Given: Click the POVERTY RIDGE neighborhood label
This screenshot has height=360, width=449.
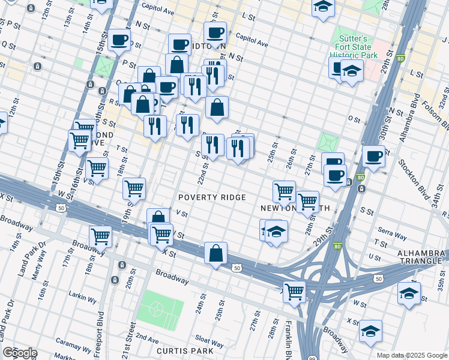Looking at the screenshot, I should coord(212,198).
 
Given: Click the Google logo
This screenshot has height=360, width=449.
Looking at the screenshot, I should coord(20,353).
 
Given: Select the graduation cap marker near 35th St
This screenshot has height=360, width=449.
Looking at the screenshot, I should coord(409,293).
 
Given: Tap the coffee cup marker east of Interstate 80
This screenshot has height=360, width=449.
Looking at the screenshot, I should coord(373,157).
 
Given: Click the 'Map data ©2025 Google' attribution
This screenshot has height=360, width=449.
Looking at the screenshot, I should coord(412,355).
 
